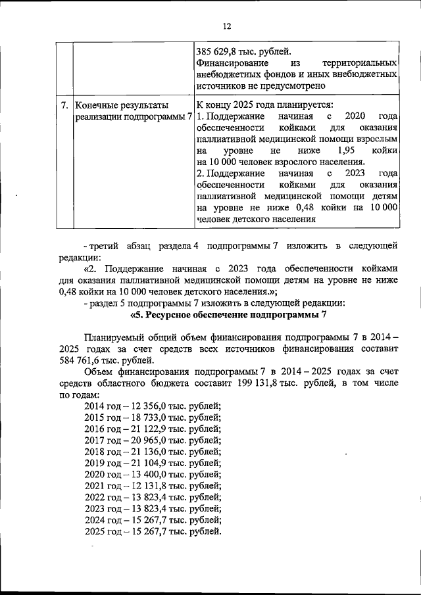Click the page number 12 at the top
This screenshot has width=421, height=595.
(227, 26)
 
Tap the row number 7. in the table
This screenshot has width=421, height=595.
(64, 105)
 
